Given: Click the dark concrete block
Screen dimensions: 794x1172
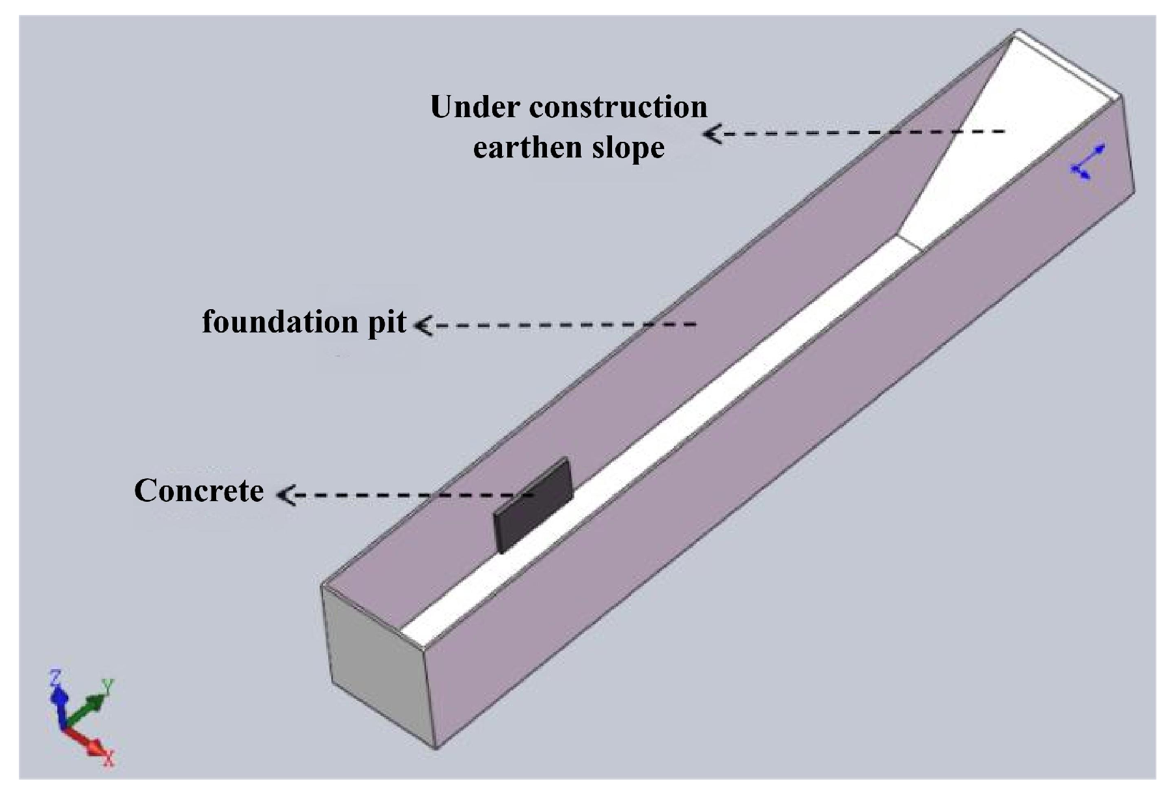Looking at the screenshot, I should point(533,504).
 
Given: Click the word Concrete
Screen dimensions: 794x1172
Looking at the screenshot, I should point(199,491).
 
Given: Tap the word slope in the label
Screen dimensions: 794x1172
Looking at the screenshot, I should point(628,148).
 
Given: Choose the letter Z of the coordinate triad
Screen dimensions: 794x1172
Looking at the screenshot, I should point(55,678).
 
